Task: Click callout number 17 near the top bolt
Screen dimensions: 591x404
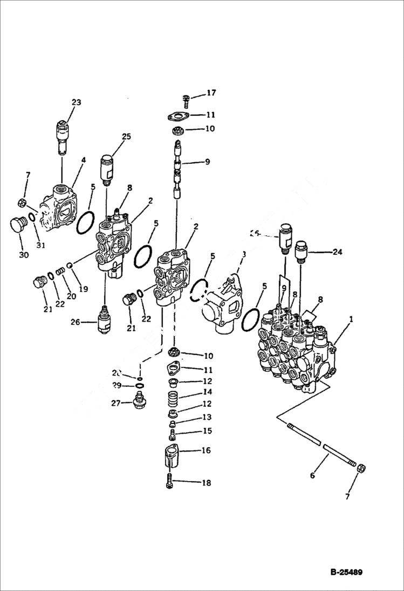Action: pos(211,93)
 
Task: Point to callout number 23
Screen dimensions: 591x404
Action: pos(76,102)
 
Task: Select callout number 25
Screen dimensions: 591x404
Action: pos(126,137)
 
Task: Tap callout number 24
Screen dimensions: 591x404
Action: pos(337,252)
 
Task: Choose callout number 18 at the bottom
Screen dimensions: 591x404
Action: pos(207,483)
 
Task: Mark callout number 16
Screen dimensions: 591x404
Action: pos(207,450)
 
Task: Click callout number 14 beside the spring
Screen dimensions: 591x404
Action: pos(207,392)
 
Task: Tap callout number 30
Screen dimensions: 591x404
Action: pos(24,255)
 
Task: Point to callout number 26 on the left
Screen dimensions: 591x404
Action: pos(75,322)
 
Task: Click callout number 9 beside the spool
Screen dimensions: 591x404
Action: pos(207,162)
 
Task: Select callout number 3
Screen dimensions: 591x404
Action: pos(244,254)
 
